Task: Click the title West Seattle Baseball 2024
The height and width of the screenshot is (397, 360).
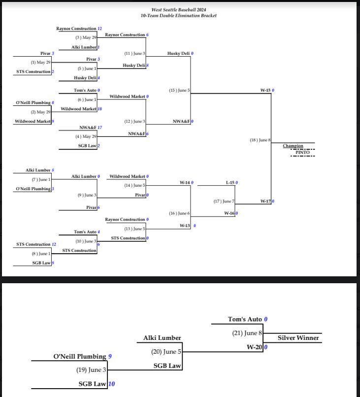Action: click(x=178, y=10)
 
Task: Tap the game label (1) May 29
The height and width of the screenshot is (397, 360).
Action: click(x=40, y=62)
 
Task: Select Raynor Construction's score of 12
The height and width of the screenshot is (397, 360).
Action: click(x=100, y=29)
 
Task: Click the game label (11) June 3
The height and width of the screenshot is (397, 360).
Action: click(x=134, y=53)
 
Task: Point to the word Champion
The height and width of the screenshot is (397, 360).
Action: click(x=293, y=146)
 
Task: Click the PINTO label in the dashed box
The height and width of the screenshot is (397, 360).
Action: click(x=302, y=152)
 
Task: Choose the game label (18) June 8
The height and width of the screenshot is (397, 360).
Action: click(x=260, y=140)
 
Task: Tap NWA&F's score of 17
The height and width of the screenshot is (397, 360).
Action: click(x=100, y=128)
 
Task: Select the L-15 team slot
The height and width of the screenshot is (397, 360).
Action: click(x=230, y=183)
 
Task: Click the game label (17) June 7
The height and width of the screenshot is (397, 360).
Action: click(x=224, y=201)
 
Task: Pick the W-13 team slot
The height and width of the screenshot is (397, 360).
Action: click(x=185, y=226)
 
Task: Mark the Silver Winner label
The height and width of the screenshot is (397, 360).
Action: click(x=298, y=338)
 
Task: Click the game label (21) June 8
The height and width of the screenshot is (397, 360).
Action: click(x=247, y=333)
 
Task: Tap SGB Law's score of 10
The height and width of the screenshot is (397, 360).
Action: click(x=112, y=384)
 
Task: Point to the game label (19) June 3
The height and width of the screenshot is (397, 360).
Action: click(x=91, y=370)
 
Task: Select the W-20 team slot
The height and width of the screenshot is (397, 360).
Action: click(x=254, y=347)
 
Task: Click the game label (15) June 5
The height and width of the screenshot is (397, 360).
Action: click(x=179, y=91)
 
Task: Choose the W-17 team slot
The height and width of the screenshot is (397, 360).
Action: click(x=265, y=201)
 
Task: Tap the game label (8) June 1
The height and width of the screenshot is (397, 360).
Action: click(x=41, y=254)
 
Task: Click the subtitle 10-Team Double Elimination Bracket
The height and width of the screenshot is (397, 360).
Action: click(x=178, y=15)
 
